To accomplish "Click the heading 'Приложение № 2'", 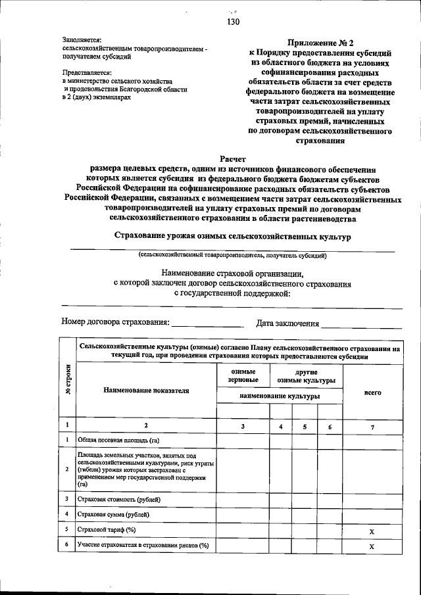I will click(321, 41).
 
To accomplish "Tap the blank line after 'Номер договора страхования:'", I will click(207, 323).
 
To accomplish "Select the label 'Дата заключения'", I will click(287, 323).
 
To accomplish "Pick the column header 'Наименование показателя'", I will click(146, 391).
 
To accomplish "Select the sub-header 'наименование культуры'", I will click(280, 396).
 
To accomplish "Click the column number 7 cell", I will click(372, 427).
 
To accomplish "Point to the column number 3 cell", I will click(242, 427).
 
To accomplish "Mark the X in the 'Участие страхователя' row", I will click(372, 546).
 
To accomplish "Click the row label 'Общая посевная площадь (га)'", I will click(118, 440).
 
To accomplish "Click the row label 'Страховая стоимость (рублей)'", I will click(118, 499).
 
